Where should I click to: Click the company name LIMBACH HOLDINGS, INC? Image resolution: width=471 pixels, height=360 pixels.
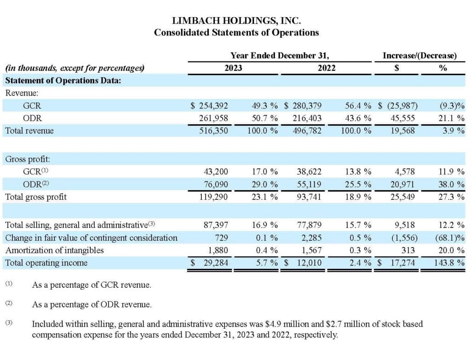pos(236,21)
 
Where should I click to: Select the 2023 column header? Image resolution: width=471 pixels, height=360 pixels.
pos(233,68)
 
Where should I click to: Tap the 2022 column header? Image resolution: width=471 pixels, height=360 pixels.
pos(327,68)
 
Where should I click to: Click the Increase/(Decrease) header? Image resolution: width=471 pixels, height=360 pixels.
pos(419,56)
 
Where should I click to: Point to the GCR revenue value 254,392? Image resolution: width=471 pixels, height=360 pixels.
pos(213,106)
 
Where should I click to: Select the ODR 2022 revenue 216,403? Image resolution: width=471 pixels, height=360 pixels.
pos(307,118)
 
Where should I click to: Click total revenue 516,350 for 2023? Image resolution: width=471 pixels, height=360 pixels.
pos(213,131)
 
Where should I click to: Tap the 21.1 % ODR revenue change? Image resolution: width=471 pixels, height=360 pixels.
pos(452,118)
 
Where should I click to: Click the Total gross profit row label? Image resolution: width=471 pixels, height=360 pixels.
pos(36,197)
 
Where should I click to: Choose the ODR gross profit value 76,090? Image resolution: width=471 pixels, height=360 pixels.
pos(216,184)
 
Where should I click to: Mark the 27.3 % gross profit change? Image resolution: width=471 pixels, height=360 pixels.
pos(452,197)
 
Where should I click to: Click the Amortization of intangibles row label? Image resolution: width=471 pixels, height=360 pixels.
pos(54,250)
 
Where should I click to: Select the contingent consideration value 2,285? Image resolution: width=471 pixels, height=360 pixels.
pos(311,238)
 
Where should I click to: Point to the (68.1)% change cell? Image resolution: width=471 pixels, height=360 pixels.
pos(450,238)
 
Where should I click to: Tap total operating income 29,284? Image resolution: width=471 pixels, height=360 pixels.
pos(216,263)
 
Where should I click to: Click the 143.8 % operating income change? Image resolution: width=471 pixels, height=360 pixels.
pos(449,263)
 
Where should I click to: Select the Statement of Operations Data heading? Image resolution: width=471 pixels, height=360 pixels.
pos(63,81)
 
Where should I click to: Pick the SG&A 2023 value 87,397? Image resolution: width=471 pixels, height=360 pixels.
pos(216,225)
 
